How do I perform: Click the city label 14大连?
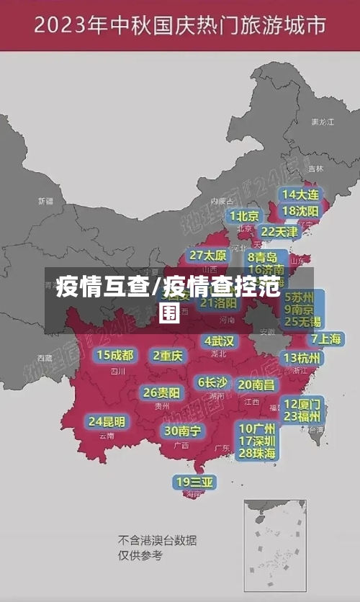(x=301, y=194)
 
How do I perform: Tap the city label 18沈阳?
(x=301, y=211)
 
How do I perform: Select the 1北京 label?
(x=244, y=216)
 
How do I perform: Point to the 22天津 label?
(x=279, y=232)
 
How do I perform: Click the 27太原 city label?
(x=208, y=256)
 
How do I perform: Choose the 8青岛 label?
(x=262, y=257)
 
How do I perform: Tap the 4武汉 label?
(x=219, y=341)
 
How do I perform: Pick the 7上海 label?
(x=325, y=339)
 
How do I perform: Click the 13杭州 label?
(x=302, y=358)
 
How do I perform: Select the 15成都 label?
(x=115, y=355)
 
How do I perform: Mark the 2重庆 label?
(x=168, y=355)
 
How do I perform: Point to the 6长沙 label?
(x=212, y=382)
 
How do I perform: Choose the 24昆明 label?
(x=107, y=421)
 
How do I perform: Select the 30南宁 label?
(x=182, y=431)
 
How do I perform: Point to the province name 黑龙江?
(x=322, y=122)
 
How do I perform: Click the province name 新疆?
(x=46, y=201)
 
